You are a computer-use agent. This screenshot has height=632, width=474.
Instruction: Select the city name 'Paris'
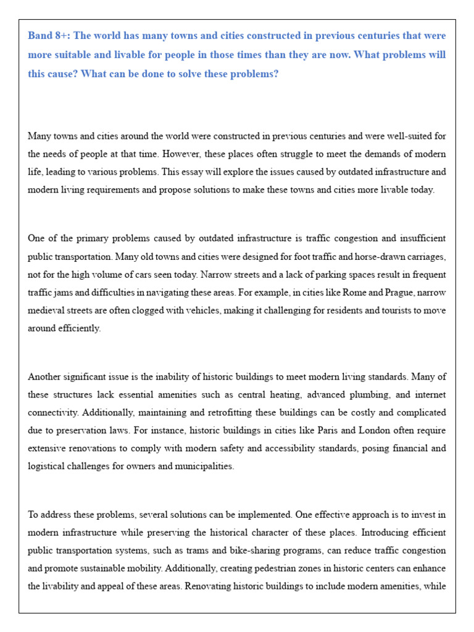pyautogui.click(x=296, y=430)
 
